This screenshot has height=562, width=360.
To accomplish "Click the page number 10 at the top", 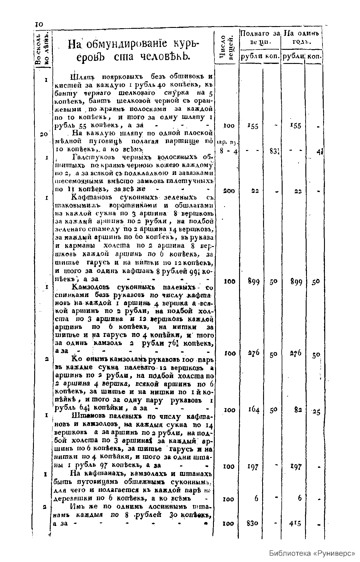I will point(39,25).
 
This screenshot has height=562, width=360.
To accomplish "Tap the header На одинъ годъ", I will point(302,37).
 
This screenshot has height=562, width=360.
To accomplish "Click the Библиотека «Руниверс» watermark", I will point(312,553).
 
